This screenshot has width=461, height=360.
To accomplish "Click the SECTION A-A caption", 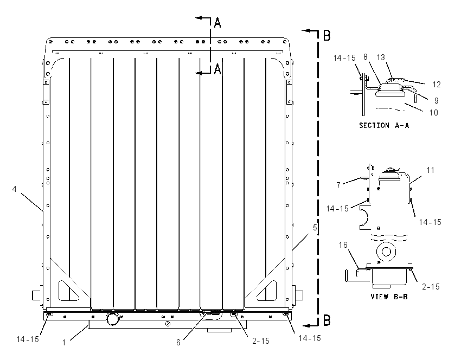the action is pyautogui.click(x=384, y=125).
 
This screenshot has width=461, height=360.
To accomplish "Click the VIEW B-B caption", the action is pyautogui.click(x=389, y=297).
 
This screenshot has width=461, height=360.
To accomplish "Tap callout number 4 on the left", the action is pyautogui.click(x=15, y=189).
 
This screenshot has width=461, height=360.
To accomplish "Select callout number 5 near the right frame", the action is pyautogui.click(x=315, y=228).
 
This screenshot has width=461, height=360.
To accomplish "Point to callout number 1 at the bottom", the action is pyautogui.click(x=64, y=343).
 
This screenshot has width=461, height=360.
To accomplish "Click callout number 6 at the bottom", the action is pyautogui.click(x=178, y=343).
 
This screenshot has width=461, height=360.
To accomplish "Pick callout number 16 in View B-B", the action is pyautogui.click(x=343, y=245).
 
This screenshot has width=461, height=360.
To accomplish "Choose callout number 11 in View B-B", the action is pyautogui.click(x=431, y=170).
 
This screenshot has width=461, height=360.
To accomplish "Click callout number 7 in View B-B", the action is pyautogui.click(x=338, y=185).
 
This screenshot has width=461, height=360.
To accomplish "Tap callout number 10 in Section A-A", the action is pyautogui.click(x=434, y=113).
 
